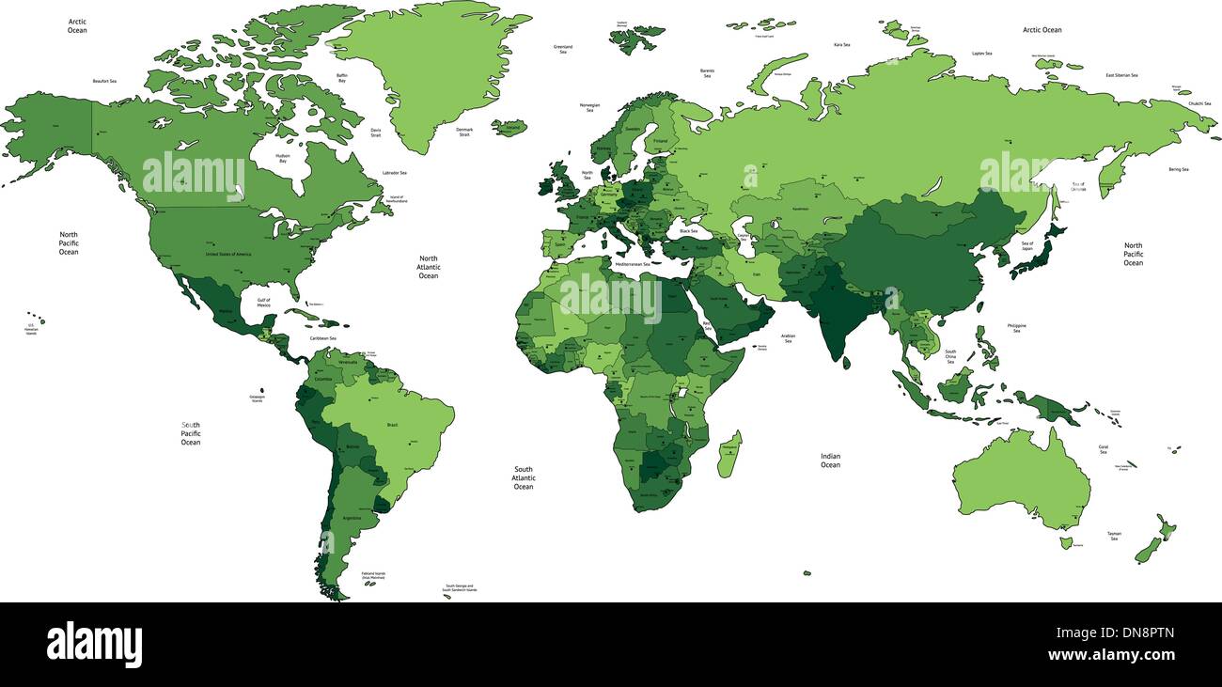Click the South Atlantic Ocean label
click(x=524, y=477)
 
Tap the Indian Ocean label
click(x=830, y=461)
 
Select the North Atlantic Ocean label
click(x=429, y=267)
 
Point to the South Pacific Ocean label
click(x=191, y=433)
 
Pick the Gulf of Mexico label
click(x=257, y=303)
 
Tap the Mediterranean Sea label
click(x=632, y=265)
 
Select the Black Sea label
click(x=689, y=230)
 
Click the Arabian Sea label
click(x=788, y=337)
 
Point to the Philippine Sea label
click(x=1016, y=328)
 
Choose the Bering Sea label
click(x=1179, y=169)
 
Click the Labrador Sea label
click(x=395, y=173)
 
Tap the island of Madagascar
click(x=728, y=454)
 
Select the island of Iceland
click(x=509, y=126)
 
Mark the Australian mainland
click(x=1020, y=479)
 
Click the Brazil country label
click(x=392, y=425)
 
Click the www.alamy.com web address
click(x=1110, y=655)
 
